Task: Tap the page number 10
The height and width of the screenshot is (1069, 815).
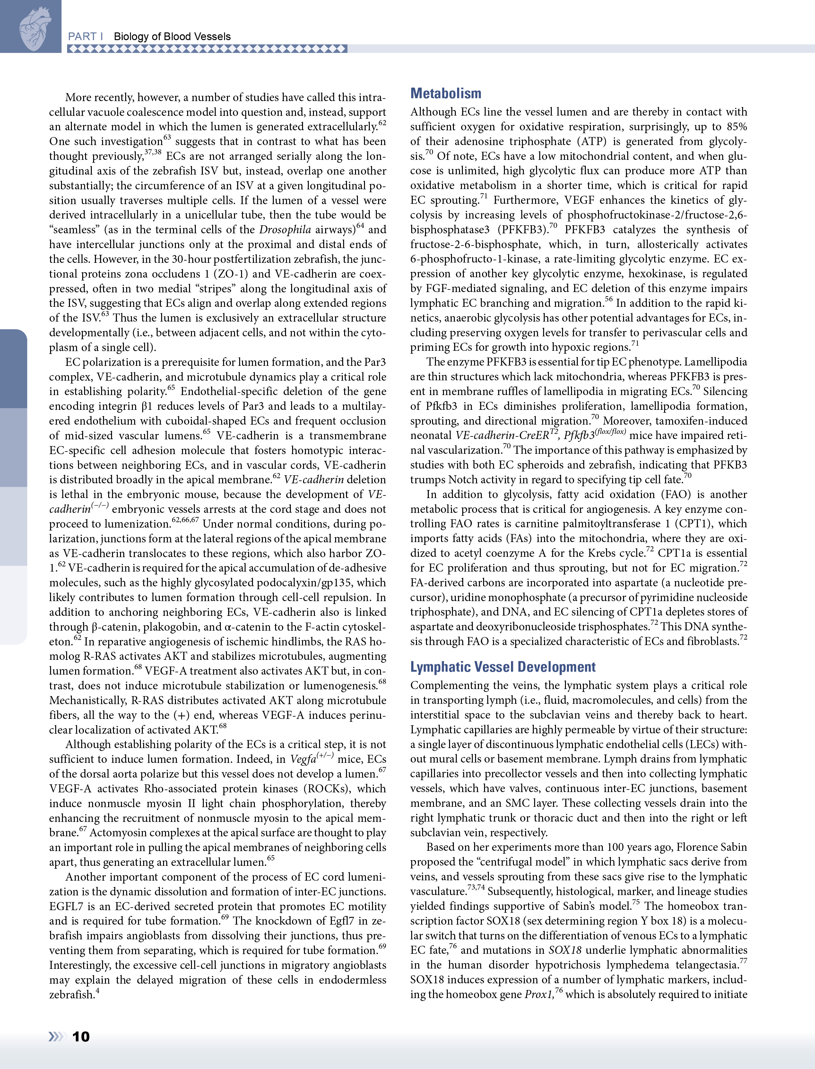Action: click(x=81, y=1037)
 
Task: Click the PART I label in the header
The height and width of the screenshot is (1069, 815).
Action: click(x=85, y=36)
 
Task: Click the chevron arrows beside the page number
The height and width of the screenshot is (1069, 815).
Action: click(x=56, y=1037)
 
